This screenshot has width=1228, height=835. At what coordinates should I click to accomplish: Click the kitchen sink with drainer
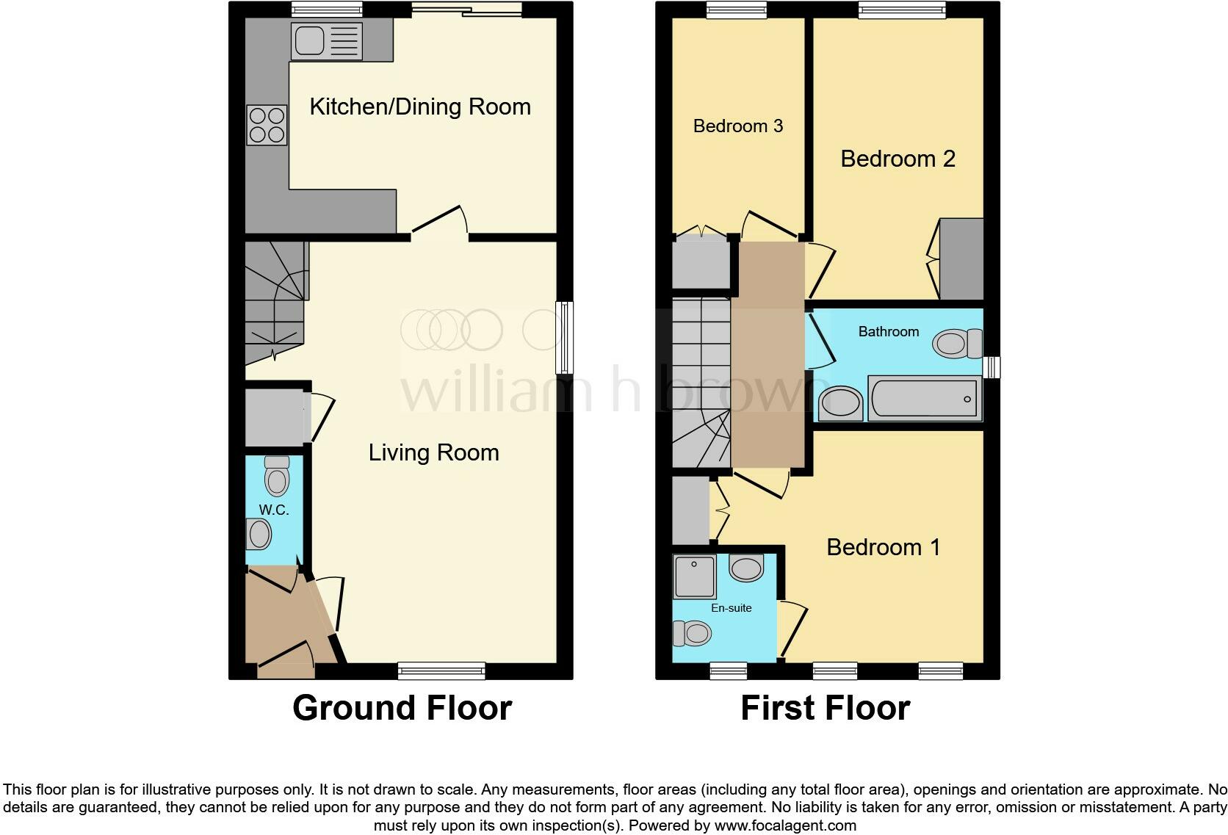click(327, 40)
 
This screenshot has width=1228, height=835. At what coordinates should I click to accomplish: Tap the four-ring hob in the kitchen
click(266, 125)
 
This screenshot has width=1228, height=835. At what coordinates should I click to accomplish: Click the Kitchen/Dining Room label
click(420, 106)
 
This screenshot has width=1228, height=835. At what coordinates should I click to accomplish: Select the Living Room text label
click(433, 452)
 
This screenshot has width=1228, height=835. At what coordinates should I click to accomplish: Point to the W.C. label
click(273, 510)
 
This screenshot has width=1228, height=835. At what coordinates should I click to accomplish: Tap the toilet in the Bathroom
click(958, 343)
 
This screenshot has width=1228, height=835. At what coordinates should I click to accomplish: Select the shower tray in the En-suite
click(694, 576)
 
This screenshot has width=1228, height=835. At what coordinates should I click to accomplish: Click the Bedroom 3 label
click(738, 126)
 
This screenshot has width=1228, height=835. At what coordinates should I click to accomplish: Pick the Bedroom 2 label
click(897, 159)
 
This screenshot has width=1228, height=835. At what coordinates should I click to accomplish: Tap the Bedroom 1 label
click(883, 547)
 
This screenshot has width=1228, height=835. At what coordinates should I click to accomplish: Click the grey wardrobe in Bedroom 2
click(961, 259)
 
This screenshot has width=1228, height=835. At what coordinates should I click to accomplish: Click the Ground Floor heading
click(402, 708)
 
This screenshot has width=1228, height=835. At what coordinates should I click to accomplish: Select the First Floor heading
click(825, 708)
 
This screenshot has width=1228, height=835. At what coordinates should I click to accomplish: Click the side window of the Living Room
click(565, 338)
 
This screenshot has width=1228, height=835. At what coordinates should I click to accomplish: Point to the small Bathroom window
click(992, 366)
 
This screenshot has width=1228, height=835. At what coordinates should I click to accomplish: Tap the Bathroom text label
click(889, 332)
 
